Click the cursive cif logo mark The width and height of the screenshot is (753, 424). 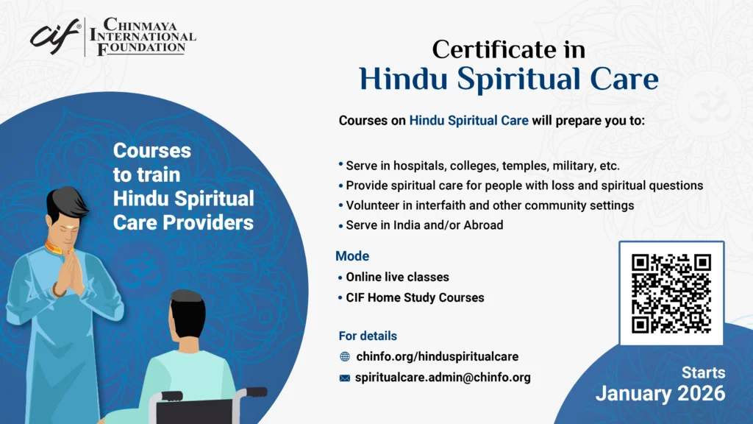tap(54, 37)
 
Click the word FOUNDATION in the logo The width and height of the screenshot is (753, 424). tap(141, 48)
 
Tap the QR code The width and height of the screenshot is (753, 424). tap(671, 294)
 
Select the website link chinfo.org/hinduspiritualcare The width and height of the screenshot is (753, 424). tap(437, 357)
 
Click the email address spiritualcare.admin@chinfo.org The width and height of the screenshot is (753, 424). tap(443, 378)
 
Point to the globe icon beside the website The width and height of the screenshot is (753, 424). tap(345, 357)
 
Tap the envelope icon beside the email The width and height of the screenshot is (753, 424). tap(345, 378)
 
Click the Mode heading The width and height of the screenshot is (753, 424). tap(352, 256)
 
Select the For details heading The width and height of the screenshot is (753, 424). tap(368, 336)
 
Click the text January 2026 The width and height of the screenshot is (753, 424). tap(660, 394)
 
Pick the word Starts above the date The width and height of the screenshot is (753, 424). tap(704, 372)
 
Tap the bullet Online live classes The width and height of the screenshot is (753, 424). tap(397, 278)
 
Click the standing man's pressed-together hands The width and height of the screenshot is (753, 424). tap(70, 272)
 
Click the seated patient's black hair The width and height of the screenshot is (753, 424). tap(188, 312)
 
